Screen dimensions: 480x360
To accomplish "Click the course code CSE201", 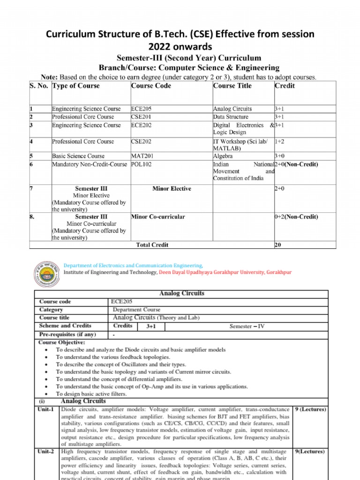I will pos(142,117).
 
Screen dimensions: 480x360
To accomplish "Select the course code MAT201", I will pos(142,156).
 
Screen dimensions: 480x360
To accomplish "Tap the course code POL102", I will pos(142,165).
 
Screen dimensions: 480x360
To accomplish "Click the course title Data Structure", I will pos(231,117).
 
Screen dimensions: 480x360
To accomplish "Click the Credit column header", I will pos(284,86).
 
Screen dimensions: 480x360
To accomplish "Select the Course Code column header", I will pos(151,86).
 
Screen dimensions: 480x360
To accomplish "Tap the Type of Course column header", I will pos(76,86).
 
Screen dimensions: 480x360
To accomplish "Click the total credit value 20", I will pos(278,245).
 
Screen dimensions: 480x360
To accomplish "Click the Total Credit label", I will pos(152,245).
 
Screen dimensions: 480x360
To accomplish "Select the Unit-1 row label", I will pos(47,409).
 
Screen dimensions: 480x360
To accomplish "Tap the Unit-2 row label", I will pos(47,452).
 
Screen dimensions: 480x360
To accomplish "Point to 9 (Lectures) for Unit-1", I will pos(310,409).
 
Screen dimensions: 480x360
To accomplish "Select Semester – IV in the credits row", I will pos(247,326).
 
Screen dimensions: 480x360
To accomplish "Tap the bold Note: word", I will pos(49,77).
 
